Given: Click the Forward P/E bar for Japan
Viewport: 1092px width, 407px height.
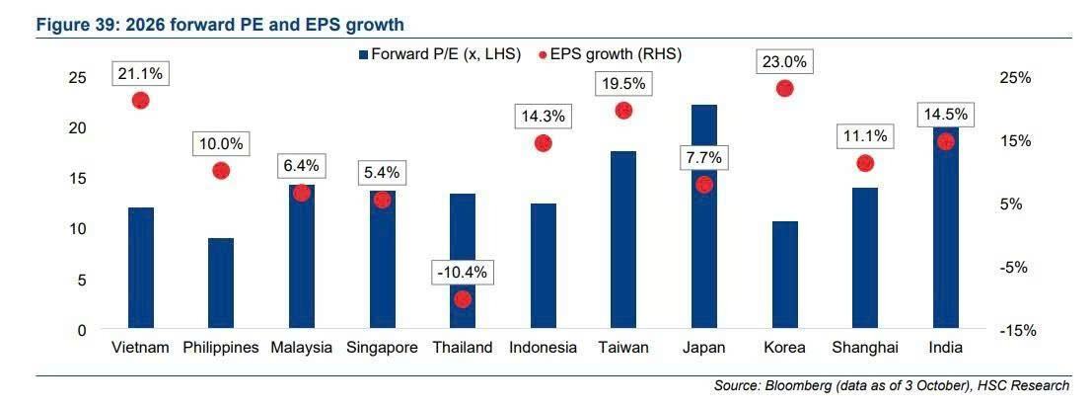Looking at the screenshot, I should pyautogui.click(x=703, y=217).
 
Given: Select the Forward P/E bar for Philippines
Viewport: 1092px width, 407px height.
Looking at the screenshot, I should pyautogui.click(x=221, y=284).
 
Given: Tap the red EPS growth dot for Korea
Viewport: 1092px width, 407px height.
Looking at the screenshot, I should pyautogui.click(x=784, y=88).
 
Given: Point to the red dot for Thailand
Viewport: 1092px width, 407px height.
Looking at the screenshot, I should pyautogui.click(x=463, y=299).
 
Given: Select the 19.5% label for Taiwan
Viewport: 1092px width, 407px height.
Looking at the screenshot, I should pyautogui.click(x=622, y=85).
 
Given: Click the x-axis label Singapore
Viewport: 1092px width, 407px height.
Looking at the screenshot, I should pyautogui.click(x=382, y=347).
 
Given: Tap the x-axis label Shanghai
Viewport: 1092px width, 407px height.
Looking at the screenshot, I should pyautogui.click(x=865, y=347).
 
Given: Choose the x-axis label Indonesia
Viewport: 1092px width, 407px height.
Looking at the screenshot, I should pyautogui.click(x=543, y=347).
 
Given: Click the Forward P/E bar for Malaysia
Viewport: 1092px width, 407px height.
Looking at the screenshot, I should pyautogui.click(x=302, y=257).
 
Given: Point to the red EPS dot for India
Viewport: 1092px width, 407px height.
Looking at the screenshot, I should pyautogui.click(x=945, y=141).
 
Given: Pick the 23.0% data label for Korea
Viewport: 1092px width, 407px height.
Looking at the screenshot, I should pyautogui.click(x=784, y=61).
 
